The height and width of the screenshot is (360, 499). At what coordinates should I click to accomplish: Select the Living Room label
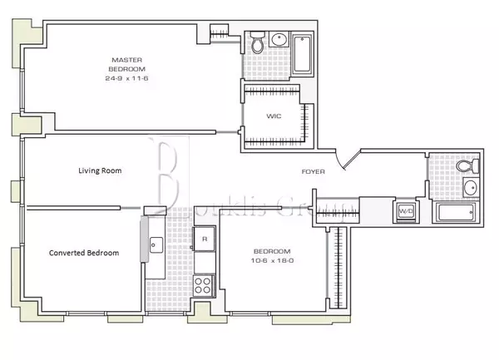point(100,170)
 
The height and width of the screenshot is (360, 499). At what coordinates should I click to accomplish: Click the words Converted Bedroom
point(83,253)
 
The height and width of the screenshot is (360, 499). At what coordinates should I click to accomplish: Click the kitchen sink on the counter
point(156,245)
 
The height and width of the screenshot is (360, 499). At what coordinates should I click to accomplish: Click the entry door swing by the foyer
point(350,157)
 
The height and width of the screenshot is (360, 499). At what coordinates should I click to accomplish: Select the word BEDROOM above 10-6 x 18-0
point(272,251)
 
